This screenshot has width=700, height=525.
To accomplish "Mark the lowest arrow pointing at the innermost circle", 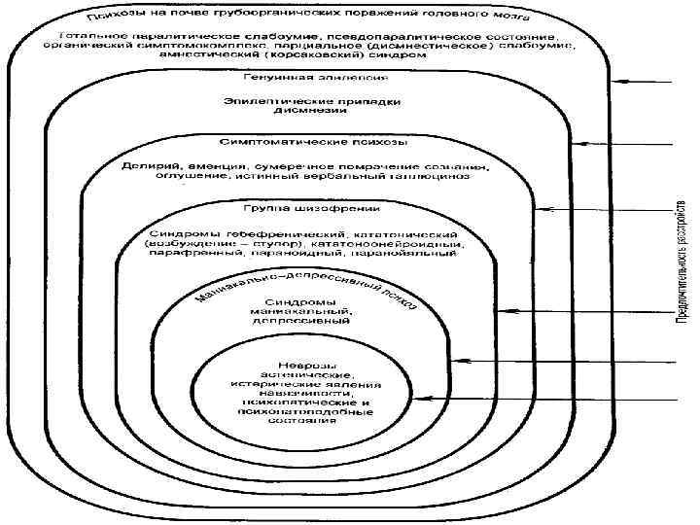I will click(544, 399).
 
